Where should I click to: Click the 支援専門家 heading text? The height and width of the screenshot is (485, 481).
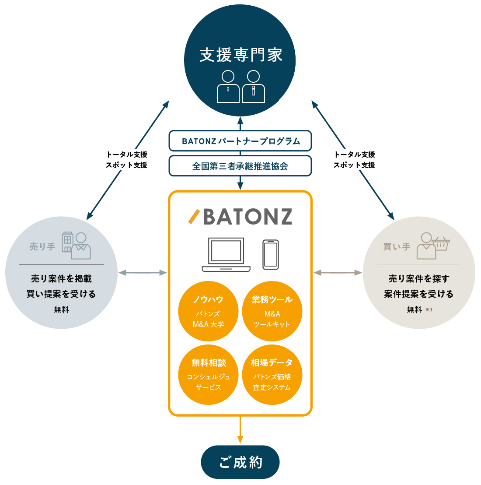tap(241, 56)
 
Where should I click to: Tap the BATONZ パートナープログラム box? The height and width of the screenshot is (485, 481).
tap(240, 141)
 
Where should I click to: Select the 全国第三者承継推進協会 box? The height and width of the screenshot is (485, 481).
tap(240, 166)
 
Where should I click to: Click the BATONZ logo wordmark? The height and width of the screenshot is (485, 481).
tap(240, 217)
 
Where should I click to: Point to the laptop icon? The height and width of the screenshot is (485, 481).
tap(226, 254)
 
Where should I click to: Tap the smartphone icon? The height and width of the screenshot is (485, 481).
tap(271, 254)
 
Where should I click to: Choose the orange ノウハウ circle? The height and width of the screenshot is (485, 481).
tap(208, 311)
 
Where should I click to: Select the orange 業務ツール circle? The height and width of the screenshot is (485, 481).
tap(272, 311)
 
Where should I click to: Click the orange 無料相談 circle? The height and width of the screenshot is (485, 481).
tap(208, 375)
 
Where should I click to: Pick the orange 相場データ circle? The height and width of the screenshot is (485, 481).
tap(272, 375)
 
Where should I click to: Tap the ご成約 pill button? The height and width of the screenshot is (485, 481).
tap(240, 462)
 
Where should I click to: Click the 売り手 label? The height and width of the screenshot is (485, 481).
tap(42, 247)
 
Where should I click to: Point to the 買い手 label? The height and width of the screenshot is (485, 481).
tap(397, 247)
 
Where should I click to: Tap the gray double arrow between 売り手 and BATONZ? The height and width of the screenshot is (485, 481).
tap(143, 273)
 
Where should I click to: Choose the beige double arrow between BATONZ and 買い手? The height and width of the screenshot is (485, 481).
tap(338, 273)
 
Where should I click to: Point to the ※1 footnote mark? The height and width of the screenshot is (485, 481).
tap(429, 310)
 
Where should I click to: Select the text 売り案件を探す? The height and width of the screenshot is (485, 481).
tap(419, 279)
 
